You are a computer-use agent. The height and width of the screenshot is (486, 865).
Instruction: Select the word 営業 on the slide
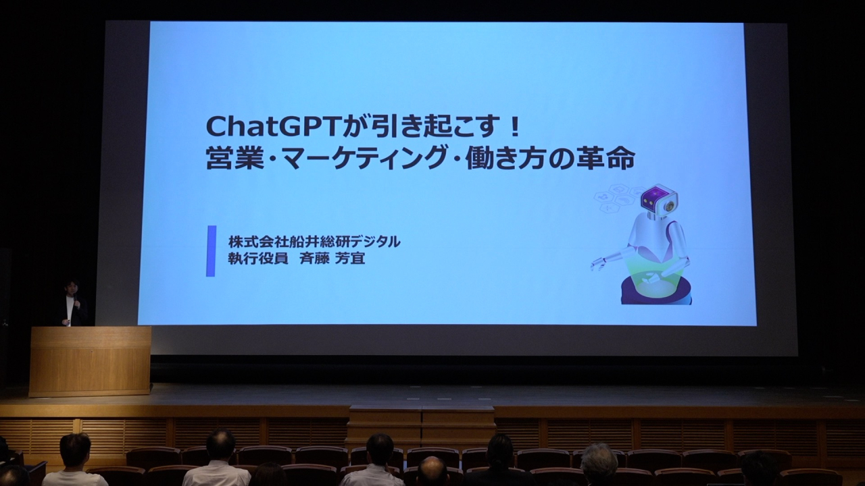pyautogui.click(x=229, y=160)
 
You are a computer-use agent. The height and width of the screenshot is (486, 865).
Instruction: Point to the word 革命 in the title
pyautogui.click(x=611, y=159)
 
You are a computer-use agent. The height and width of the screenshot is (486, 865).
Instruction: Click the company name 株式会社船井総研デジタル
pyautogui.click(x=314, y=242)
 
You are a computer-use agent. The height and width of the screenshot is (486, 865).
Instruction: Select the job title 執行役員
pyautogui.click(x=258, y=259)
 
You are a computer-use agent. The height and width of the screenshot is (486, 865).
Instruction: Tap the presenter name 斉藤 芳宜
pyautogui.click(x=332, y=259)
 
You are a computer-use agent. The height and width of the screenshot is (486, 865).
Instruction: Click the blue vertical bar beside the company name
pyautogui.click(x=211, y=251)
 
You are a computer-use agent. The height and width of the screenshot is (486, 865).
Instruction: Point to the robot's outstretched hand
pyautogui.click(x=598, y=264)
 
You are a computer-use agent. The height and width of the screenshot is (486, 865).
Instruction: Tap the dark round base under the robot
pyautogui.click(x=656, y=291)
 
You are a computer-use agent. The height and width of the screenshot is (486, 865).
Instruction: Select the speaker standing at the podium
pyautogui.click(x=74, y=303)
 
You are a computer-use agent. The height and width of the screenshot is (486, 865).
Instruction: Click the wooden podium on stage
pyautogui.click(x=90, y=362)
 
